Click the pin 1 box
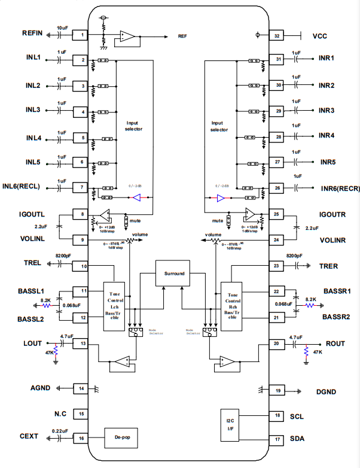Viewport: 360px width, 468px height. click(x=81, y=36)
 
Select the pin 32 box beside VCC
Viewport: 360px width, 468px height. click(x=277, y=36)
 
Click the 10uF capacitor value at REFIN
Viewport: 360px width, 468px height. click(x=63, y=28)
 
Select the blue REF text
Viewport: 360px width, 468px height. click(x=182, y=36)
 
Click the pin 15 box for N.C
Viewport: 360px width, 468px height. click(x=81, y=414)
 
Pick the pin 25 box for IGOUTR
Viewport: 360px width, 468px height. click(x=276, y=214)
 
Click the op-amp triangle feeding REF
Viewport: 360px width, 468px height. click(x=127, y=35)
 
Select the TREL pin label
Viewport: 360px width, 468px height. click(x=32, y=263)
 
